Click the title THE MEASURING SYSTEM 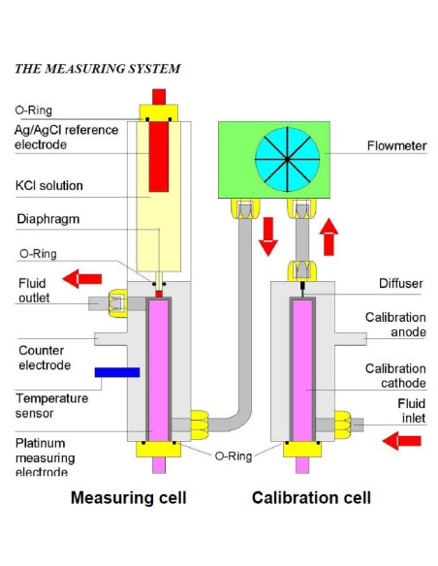point(98,69)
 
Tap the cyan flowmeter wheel point(287,159)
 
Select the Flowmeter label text point(397,145)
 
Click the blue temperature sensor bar point(117,372)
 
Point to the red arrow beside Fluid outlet point(82,279)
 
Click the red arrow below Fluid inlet point(402,441)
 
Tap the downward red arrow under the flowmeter point(268,236)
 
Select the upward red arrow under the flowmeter point(328,236)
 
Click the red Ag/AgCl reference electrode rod point(159,156)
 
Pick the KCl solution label point(49,185)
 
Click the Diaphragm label point(48,219)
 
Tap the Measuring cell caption point(129,497)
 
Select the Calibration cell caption point(311,497)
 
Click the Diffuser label point(401,283)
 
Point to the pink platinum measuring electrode point(159,371)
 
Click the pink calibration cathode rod point(302,371)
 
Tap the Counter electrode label point(45,358)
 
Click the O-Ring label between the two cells point(234,456)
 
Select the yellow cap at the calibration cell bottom point(302,449)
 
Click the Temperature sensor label point(52,406)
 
